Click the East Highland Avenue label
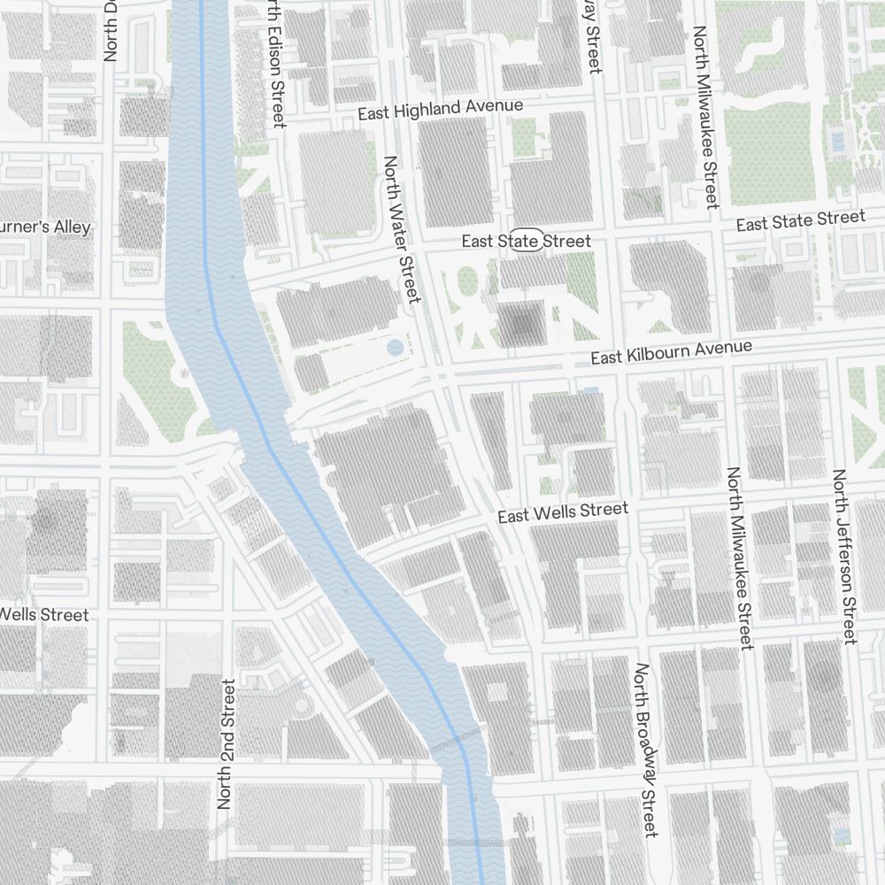pos(440,111)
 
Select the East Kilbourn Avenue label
pos(671,352)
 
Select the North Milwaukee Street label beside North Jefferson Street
pos(739,558)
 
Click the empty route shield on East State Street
pos(526,240)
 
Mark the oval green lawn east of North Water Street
pos(466,282)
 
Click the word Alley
pos(72,227)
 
